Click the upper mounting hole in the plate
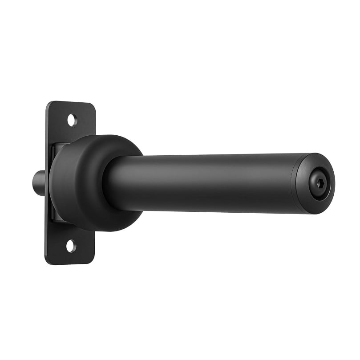pyautogui.click(x=72, y=120)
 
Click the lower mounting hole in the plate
pyautogui.click(x=71, y=246)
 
